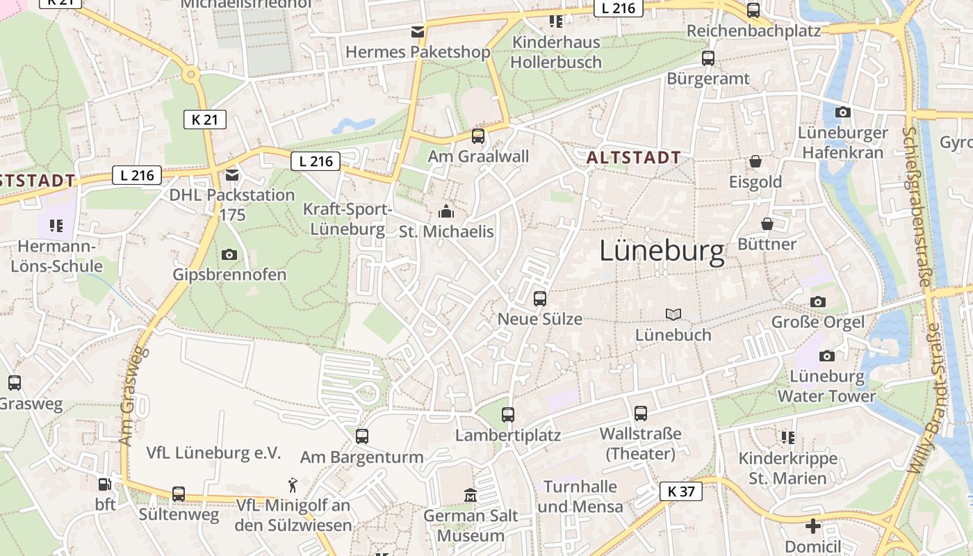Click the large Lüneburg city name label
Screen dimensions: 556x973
tap(662, 251)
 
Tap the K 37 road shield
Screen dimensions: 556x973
tap(680, 491)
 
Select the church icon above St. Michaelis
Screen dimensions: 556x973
tap(445, 211)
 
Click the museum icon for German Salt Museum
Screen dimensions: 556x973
tap(471, 495)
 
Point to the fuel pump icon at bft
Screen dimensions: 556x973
tap(104, 484)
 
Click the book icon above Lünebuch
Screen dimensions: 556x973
tap(673, 315)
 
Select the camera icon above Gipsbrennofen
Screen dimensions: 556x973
tap(229, 254)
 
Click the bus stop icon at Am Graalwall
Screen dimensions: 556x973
tap(478, 136)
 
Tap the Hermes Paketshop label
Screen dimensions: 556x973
tap(418, 52)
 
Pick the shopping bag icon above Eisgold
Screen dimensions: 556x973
tap(755, 162)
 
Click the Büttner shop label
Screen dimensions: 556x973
tap(767, 244)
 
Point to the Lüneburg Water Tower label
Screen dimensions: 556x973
tap(826, 386)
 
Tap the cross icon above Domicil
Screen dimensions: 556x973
tap(812, 526)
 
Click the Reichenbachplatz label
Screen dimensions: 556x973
tap(753, 31)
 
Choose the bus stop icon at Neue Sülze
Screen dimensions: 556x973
tap(540, 299)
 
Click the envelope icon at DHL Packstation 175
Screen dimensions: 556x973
tap(231, 174)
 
